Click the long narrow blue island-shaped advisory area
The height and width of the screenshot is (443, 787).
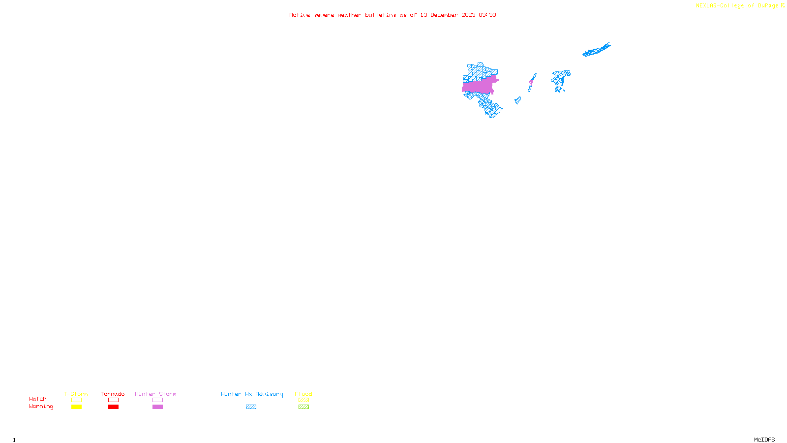click(x=596, y=50)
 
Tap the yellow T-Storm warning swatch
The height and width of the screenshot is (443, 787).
click(x=76, y=407)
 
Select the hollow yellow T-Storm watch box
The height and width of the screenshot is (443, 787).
click(x=76, y=400)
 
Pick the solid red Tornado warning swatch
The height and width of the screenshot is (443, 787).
click(x=113, y=407)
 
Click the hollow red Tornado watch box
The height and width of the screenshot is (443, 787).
click(x=113, y=400)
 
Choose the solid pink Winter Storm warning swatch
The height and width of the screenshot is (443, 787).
click(x=157, y=407)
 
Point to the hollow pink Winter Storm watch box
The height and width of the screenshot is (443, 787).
click(x=157, y=400)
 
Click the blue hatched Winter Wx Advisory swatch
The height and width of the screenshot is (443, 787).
click(x=251, y=407)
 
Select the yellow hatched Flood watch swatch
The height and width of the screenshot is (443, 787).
click(x=303, y=400)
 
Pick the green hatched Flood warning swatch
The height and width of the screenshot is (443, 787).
click(x=303, y=407)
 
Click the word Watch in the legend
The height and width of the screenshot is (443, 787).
click(x=38, y=399)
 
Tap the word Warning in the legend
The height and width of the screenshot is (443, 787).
click(x=41, y=407)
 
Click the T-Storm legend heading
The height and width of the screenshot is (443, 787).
click(x=76, y=394)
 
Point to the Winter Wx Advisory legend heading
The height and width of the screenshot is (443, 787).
click(x=252, y=394)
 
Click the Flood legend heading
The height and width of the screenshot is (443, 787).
click(x=303, y=394)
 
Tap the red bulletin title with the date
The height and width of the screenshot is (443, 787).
click(x=393, y=15)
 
